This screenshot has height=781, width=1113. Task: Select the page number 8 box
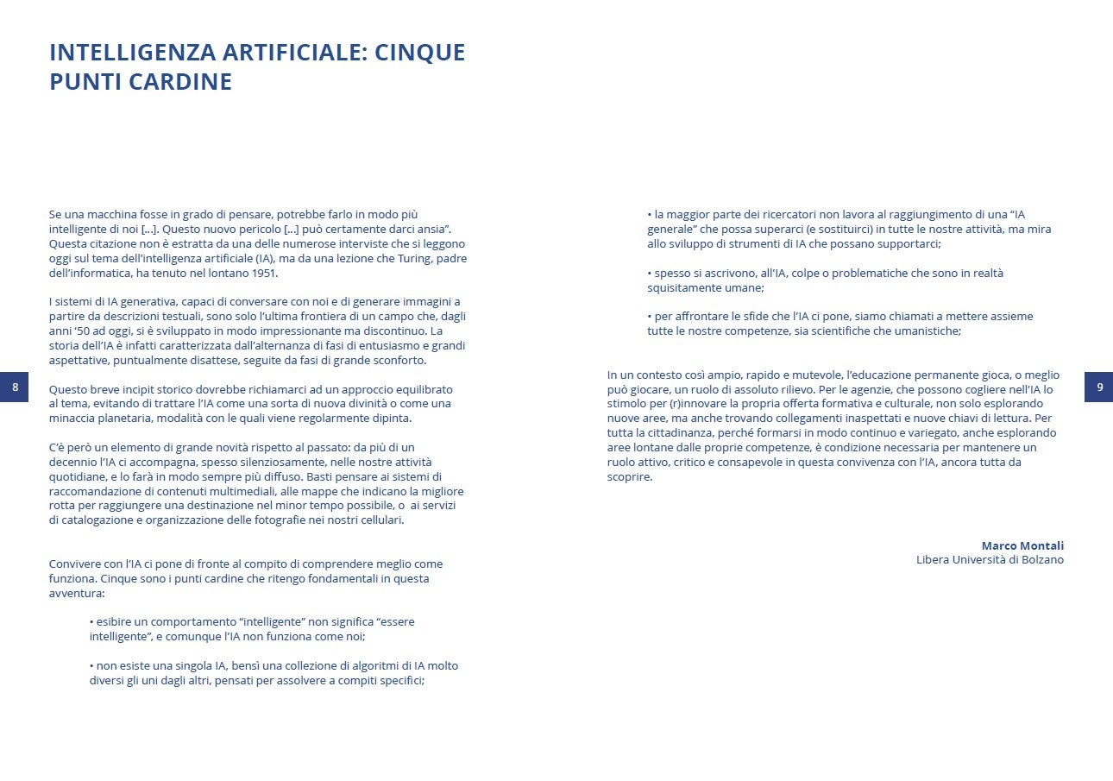15,387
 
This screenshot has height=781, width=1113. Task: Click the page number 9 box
1099,387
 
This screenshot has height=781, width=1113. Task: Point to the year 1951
265,273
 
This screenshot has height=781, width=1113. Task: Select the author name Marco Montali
1022,545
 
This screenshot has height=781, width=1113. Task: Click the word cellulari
378,520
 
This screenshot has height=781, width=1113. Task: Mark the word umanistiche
926,331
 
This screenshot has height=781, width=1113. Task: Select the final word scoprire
629,476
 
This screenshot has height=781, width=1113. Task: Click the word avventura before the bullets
76,594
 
